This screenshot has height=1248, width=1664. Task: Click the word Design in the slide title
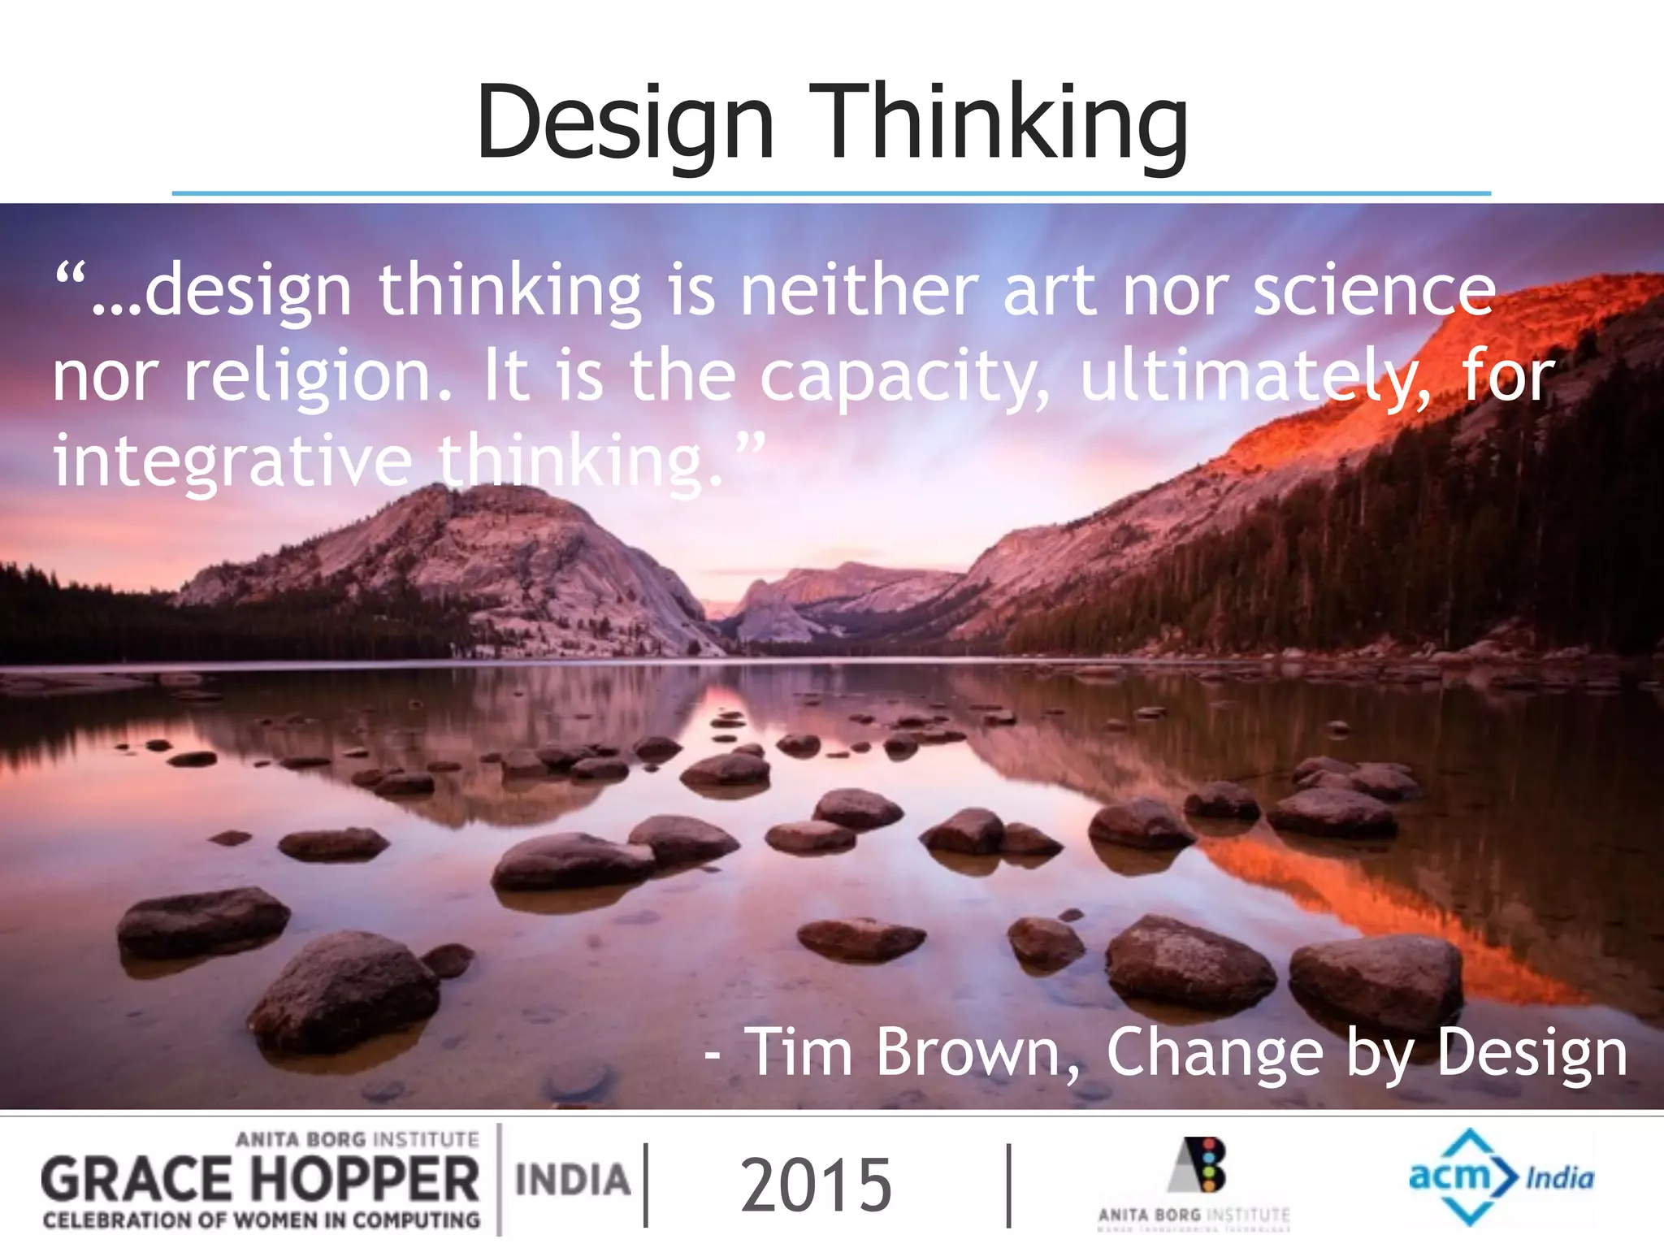pyautogui.click(x=624, y=123)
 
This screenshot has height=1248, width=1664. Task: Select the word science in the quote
pyautogui.click(x=1373, y=291)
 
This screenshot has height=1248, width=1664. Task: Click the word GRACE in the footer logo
pyautogui.click(x=136, y=1181)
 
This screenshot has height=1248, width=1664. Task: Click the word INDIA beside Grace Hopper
pyautogui.click(x=573, y=1181)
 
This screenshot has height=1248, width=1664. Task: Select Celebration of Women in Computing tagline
pyautogui.click(x=261, y=1220)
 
